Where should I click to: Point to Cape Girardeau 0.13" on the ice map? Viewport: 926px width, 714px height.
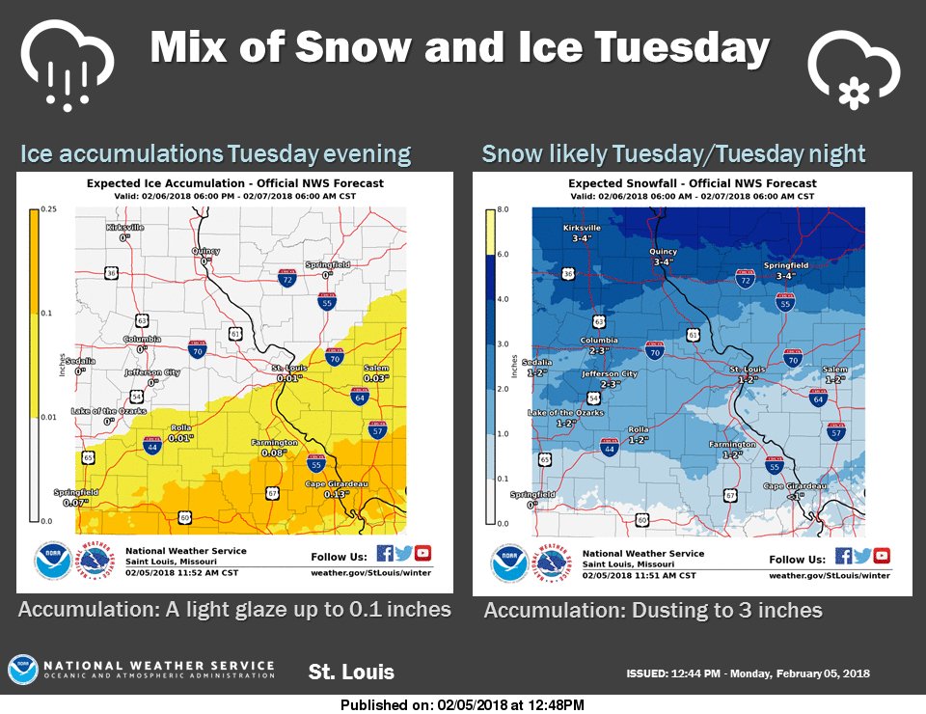point(324,487)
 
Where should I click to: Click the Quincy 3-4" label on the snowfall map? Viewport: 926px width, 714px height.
point(663,257)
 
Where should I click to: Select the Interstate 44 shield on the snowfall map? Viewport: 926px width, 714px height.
point(609,447)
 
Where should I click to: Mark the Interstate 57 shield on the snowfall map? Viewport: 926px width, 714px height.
point(835,433)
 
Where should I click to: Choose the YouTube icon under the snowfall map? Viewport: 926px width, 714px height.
point(881,556)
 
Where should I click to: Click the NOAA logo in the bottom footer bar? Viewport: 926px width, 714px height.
point(22,670)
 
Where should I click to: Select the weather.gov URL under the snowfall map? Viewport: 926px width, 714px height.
point(829,575)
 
